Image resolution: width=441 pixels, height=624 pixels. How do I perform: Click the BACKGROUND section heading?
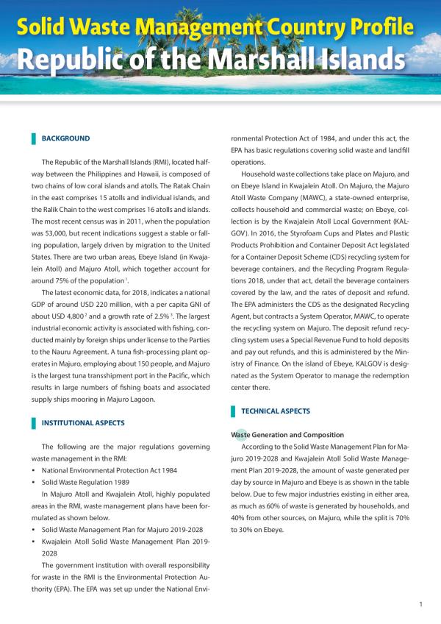pos(65,138)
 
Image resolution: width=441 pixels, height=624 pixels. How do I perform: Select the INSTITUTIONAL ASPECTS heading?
pos(83,423)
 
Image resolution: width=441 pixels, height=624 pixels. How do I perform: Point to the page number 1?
pos(420,605)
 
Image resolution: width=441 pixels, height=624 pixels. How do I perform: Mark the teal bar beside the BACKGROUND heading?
pos(33,138)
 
